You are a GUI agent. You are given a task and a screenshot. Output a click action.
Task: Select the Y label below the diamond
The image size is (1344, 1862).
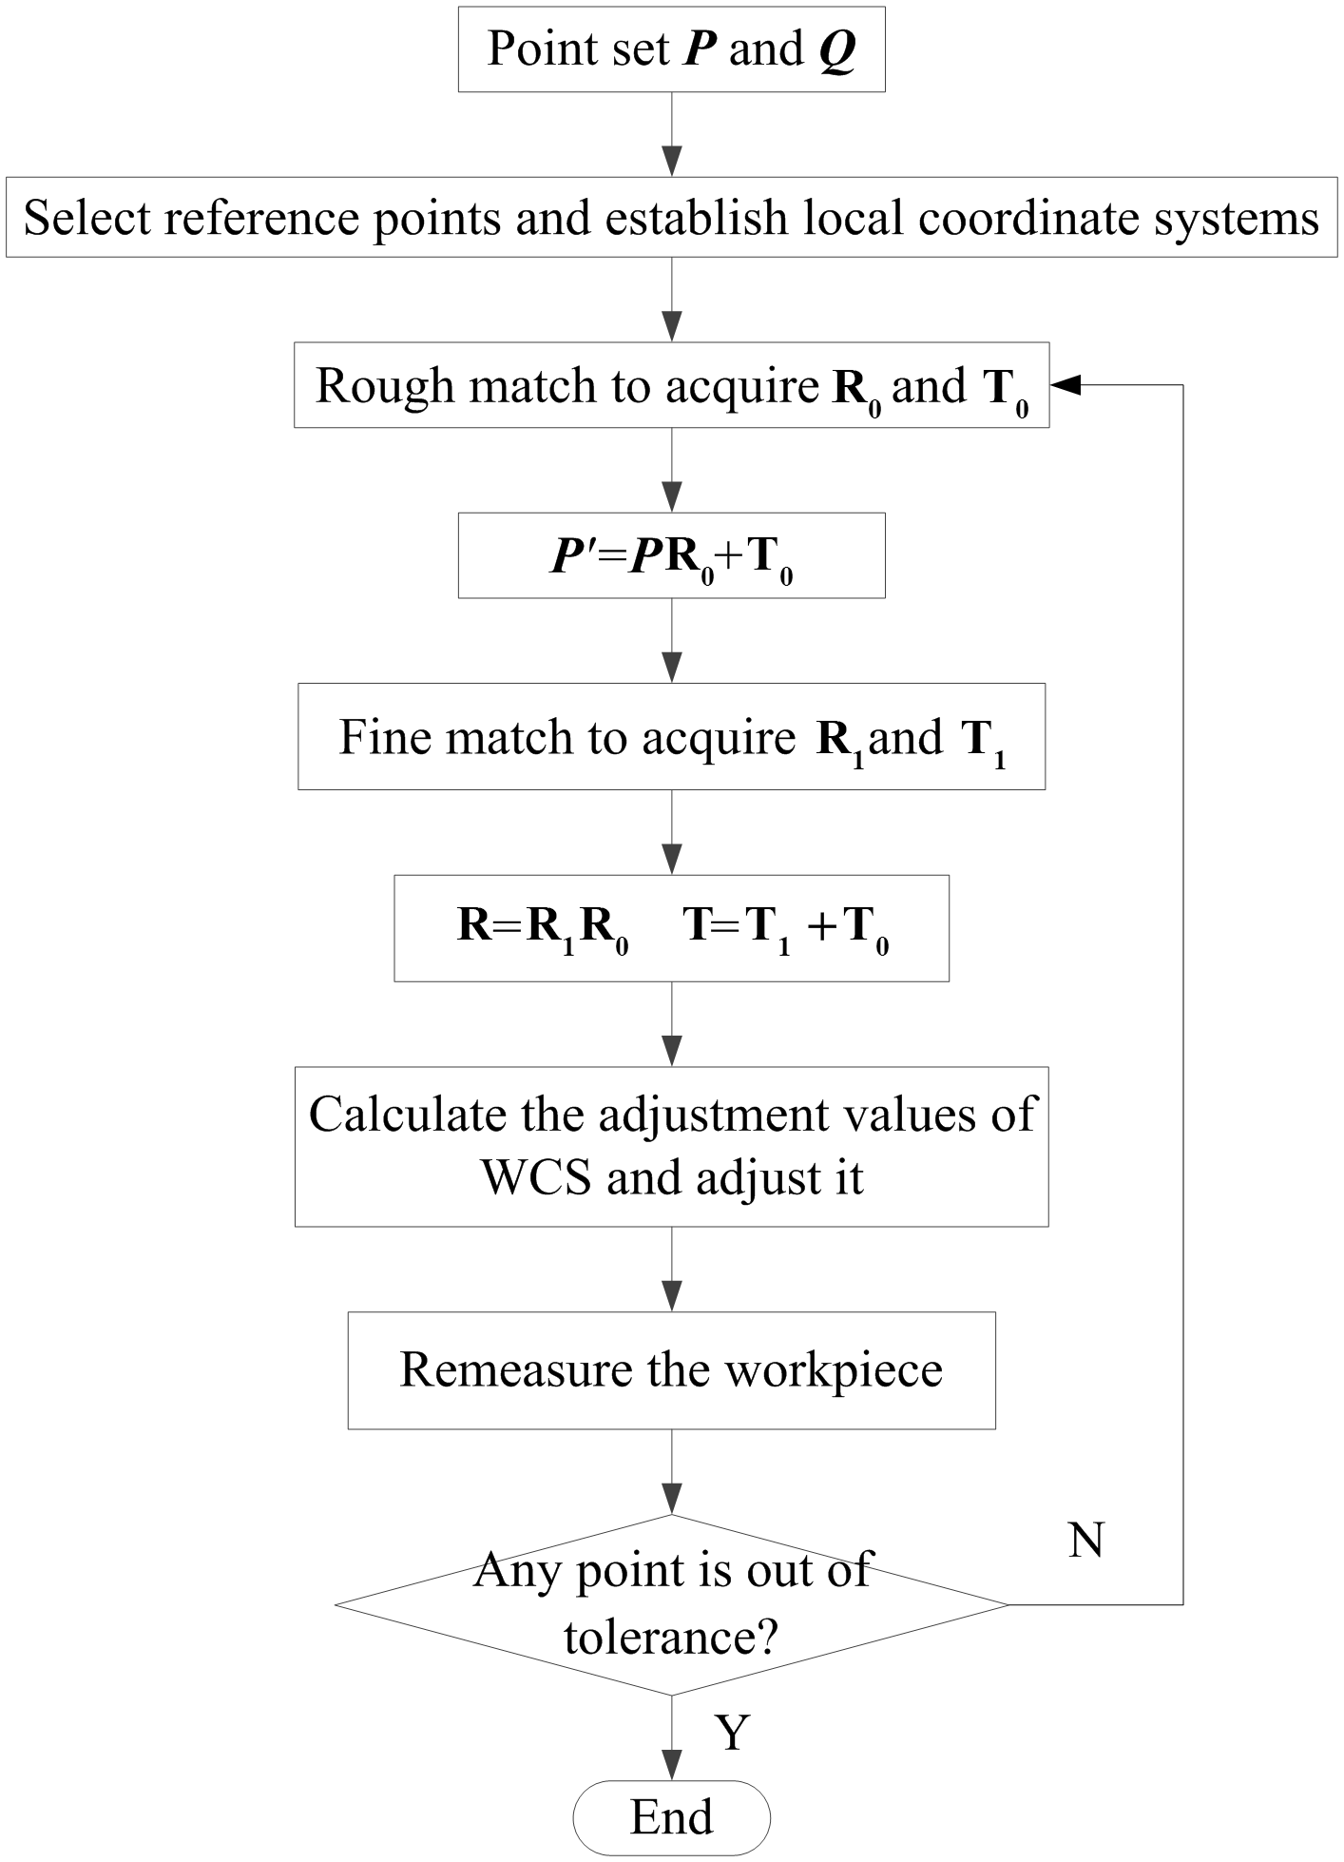tap(733, 1732)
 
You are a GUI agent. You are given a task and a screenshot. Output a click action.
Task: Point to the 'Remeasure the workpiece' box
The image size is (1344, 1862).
tap(671, 1369)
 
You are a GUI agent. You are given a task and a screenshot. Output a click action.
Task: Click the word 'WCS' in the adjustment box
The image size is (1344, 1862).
tap(537, 1178)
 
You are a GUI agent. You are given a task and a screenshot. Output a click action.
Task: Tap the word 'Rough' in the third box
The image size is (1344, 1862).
tap(385, 385)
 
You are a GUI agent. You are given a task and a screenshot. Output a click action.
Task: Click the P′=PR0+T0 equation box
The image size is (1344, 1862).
tap(671, 556)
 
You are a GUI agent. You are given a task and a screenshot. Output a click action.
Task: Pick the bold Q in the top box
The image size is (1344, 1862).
tap(837, 49)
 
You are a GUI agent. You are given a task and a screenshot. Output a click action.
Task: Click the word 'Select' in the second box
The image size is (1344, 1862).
tap(88, 218)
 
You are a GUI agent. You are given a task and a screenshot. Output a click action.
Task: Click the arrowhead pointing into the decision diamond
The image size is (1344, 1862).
tap(672, 1500)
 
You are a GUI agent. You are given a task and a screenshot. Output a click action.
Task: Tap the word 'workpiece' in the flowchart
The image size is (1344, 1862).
tap(834, 1370)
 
